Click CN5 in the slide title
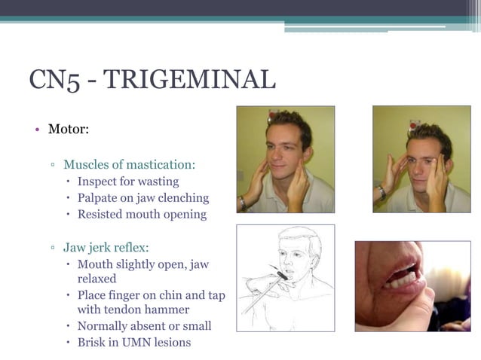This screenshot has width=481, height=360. click(54, 79)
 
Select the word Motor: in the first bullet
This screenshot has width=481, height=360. click(69, 129)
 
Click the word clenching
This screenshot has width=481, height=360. click(182, 198)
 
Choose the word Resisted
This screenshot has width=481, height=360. click(102, 215)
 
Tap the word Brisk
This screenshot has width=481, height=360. click(93, 343)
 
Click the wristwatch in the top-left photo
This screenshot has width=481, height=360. click(243, 202)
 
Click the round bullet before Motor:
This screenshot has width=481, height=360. click(36, 130)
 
